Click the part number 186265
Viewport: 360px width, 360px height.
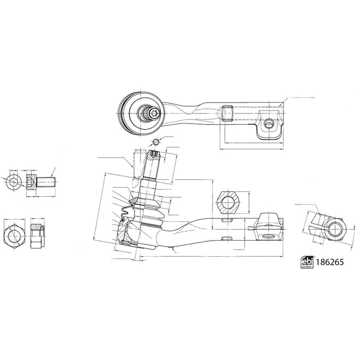(329, 263)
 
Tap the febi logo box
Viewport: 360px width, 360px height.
(307, 263)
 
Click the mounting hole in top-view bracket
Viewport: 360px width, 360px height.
(269, 124)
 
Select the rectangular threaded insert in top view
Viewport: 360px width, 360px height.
(226, 112)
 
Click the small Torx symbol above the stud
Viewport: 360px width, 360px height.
(155, 142)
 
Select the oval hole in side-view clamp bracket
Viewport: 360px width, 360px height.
(265, 235)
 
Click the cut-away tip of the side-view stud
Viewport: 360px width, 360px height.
(154, 157)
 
